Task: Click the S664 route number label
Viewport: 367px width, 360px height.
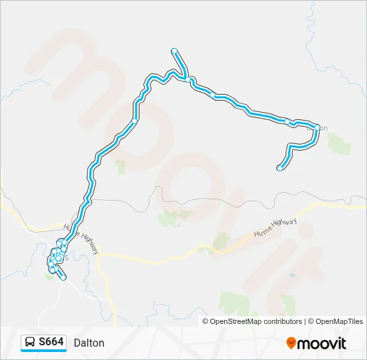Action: (51, 343)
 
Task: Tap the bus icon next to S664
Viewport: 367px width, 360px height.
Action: (30, 343)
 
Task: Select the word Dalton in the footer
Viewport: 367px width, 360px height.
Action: (89, 343)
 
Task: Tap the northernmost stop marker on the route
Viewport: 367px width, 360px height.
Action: (174, 51)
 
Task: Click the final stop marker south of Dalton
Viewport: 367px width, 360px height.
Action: (279, 168)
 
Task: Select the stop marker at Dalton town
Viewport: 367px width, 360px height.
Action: (317, 127)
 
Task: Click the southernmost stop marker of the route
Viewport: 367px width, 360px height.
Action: (63, 277)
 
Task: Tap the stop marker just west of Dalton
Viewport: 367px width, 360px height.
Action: (287, 121)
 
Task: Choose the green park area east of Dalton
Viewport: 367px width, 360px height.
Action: (339, 143)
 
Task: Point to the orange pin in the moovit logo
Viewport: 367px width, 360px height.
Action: (292, 343)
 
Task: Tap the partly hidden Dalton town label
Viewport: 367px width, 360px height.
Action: (323, 127)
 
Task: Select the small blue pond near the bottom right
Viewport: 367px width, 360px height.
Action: (291, 275)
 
